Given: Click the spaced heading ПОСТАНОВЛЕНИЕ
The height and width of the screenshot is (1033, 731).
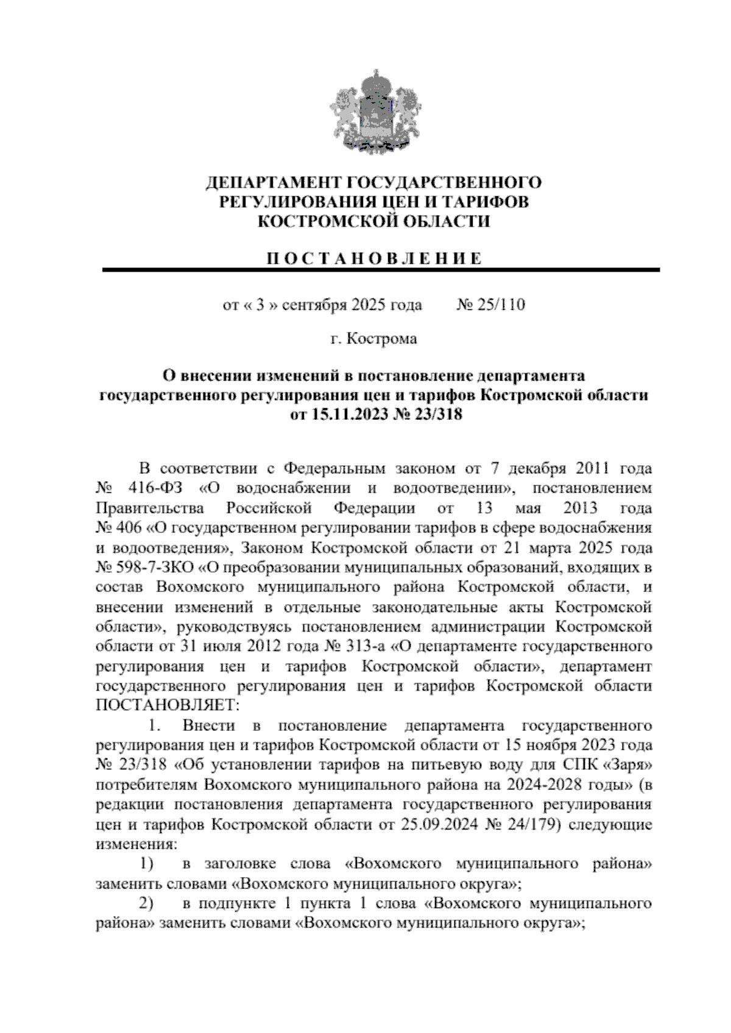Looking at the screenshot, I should (373, 258).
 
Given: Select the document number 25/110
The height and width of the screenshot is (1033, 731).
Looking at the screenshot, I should (501, 305).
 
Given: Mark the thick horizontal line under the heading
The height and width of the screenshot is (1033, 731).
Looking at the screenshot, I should (381, 269).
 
